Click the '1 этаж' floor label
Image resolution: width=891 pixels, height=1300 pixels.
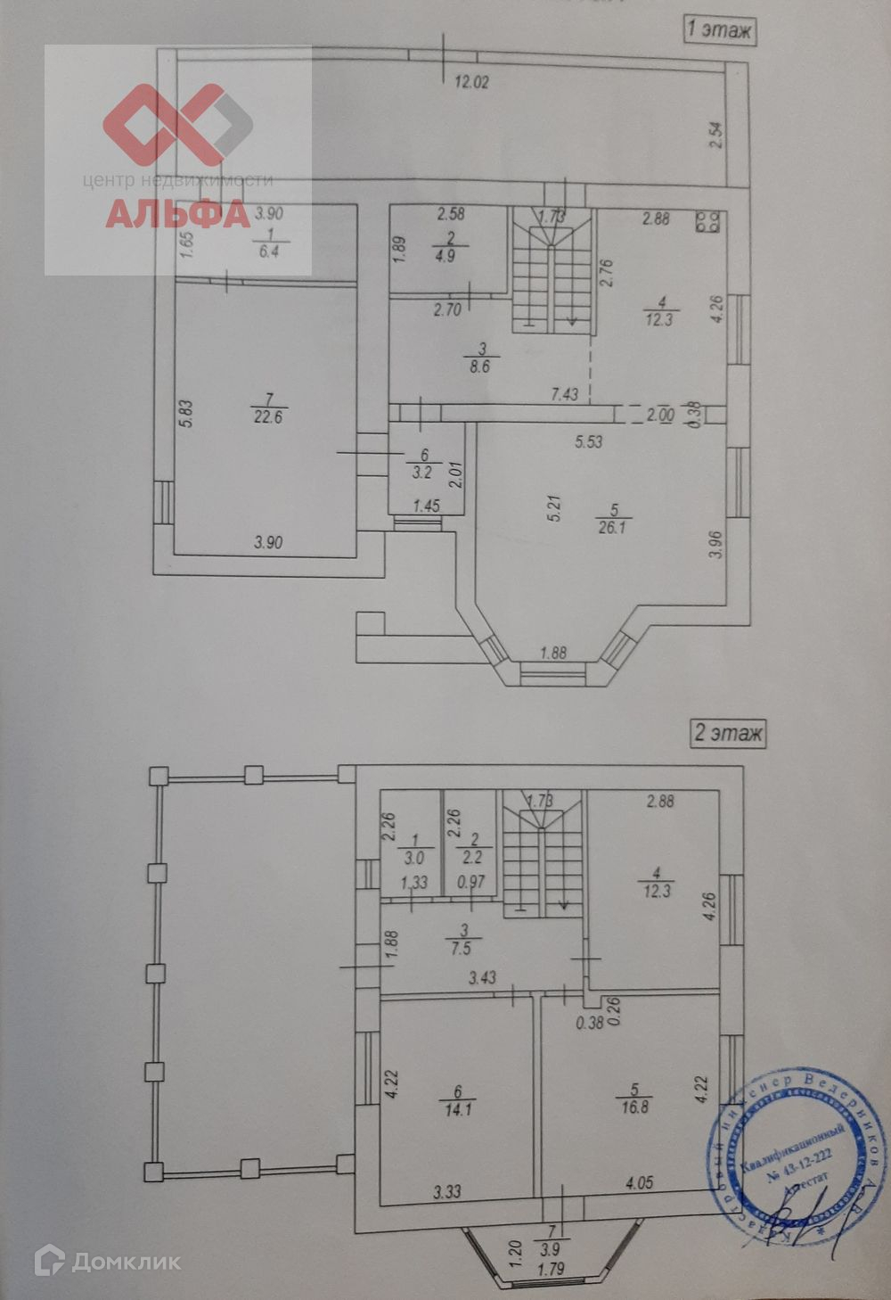coord(718,30)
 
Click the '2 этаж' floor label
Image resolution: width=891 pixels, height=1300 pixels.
coord(728,734)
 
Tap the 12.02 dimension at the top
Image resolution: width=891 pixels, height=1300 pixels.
coord(472,83)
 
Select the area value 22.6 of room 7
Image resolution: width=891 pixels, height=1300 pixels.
coord(267,416)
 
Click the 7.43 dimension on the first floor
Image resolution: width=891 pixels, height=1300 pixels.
coord(566,393)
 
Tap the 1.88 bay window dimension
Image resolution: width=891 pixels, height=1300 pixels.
coord(553,653)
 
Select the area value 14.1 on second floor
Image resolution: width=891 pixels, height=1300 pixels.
coord(457,1110)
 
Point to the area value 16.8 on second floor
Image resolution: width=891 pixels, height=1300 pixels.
coord(636,1110)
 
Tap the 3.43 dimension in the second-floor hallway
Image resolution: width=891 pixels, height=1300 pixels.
coord(482,978)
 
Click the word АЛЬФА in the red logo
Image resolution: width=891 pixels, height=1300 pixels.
coord(177,214)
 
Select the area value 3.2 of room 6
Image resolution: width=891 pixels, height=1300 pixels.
coord(420,473)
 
